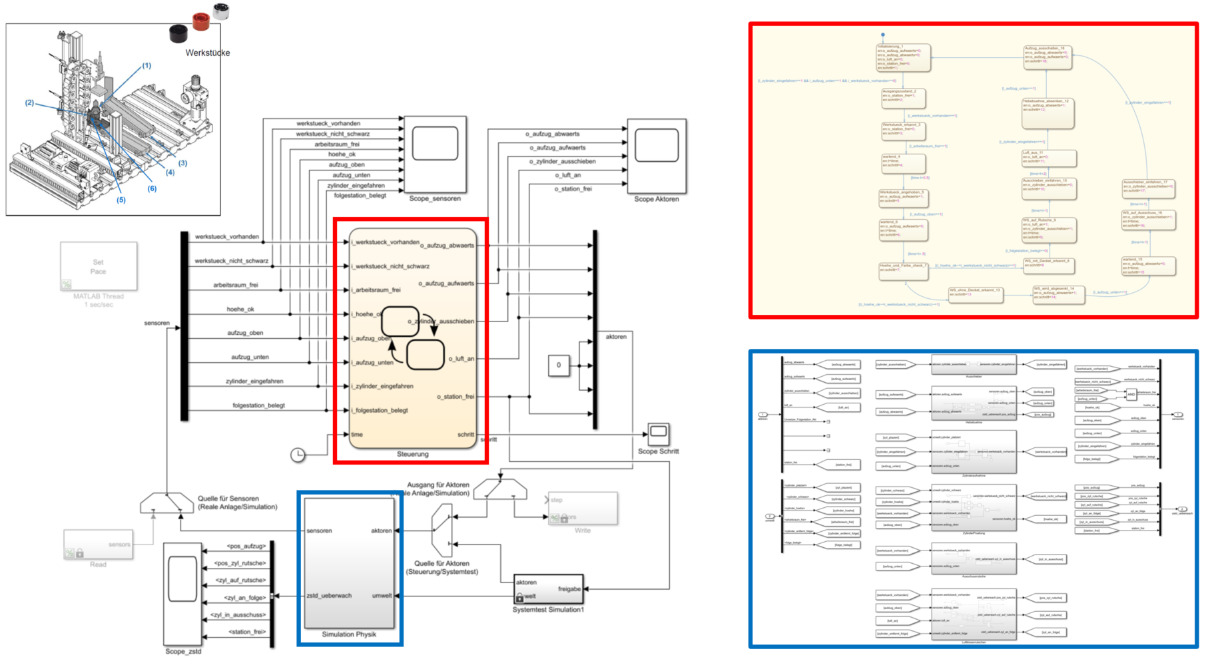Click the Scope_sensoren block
pos(435,154)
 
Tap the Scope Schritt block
pos(658,434)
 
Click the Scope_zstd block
pos(182,592)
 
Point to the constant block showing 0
pos(558,365)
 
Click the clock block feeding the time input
pos(298,454)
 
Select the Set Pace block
pos(99,266)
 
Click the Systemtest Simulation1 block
pos(548,589)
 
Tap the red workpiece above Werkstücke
pos(200,21)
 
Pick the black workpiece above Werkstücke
pos(178,33)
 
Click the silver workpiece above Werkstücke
pos(221,11)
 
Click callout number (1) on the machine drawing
pos(147,65)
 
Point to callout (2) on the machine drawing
pos(29,103)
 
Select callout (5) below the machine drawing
pos(121,200)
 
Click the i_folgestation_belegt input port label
pos(382,410)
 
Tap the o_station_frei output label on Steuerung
pos(455,397)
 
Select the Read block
pos(98,545)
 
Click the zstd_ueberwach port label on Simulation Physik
pos(329,596)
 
